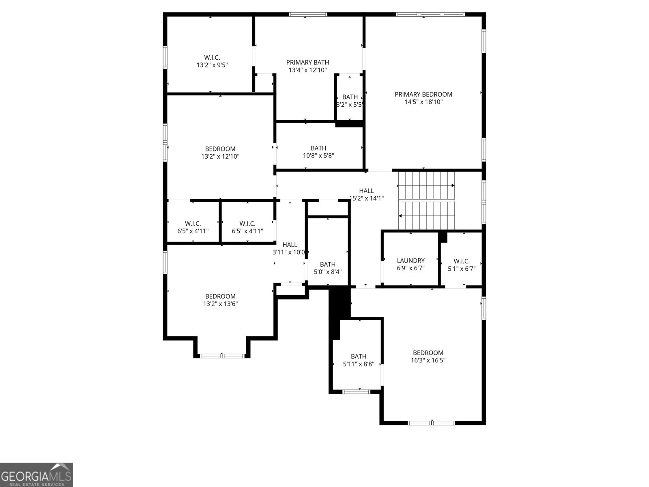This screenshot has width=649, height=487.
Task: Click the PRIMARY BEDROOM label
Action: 423,94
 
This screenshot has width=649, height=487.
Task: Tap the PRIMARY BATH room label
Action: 307,62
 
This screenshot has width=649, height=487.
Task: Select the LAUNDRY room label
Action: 410,261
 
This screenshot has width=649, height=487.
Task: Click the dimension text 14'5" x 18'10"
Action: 423,102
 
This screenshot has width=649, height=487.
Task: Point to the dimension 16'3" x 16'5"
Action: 428,360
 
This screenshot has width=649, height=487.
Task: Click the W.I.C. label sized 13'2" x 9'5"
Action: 212,58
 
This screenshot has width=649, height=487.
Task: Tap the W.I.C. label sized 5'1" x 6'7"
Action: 462,261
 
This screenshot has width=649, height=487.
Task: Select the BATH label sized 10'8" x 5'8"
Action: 318,148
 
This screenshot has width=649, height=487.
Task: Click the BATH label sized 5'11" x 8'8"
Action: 359,356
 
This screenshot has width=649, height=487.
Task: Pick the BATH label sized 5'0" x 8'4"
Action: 328,264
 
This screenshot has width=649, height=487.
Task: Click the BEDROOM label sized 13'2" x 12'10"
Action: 220,149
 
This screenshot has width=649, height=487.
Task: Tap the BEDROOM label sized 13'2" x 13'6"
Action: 220,296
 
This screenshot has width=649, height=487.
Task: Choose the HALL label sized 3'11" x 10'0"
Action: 290,245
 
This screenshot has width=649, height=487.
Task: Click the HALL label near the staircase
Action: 366,191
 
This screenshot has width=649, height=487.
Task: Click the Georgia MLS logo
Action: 36,474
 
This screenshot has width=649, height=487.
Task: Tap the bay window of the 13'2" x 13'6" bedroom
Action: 222,356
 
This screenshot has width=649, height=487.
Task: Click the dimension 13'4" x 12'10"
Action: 307,70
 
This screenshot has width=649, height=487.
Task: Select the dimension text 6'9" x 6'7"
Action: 410,268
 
